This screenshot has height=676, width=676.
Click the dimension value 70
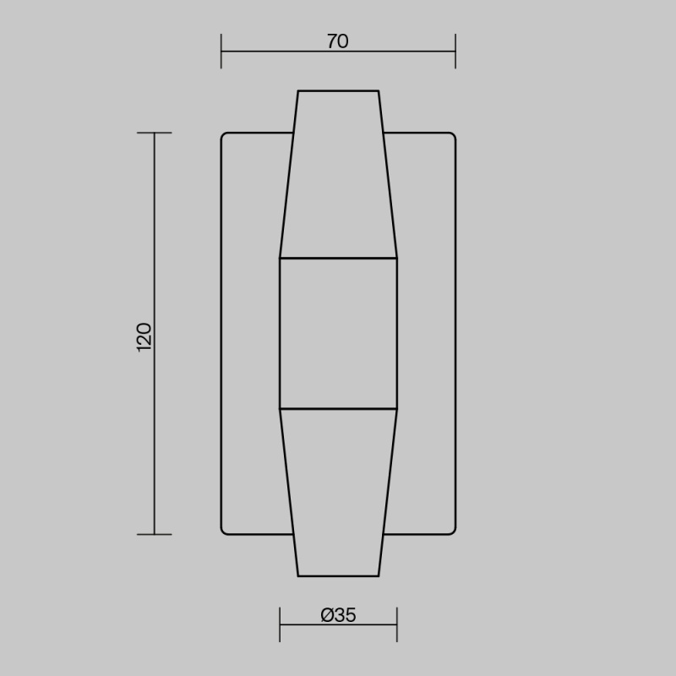tap(337, 41)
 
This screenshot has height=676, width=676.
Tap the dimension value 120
tap(144, 337)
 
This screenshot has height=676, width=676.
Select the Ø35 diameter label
tap(339, 615)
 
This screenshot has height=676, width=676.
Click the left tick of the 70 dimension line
tap(221, 52)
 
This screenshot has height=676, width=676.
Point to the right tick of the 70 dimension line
tap(455, 52)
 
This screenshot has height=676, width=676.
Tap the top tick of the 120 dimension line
tap(155, 133)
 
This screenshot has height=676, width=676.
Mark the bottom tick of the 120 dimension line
tap(155, 535)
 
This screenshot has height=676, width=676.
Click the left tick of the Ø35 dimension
tap(280, 624)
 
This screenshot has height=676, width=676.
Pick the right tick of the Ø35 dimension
tap(397, 624)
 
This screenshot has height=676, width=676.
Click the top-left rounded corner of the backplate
tap(223, 134)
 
